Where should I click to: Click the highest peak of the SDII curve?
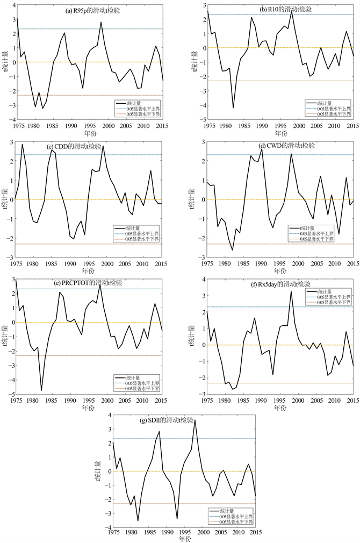click(195, 420)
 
